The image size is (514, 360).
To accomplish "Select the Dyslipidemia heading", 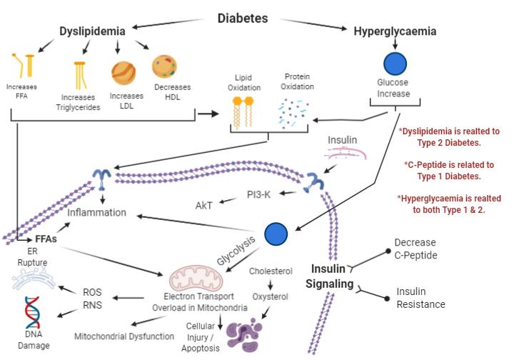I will tap(92, 31).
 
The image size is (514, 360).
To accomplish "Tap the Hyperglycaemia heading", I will tap(395, 31).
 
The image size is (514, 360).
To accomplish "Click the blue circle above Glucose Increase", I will tap(395, 65).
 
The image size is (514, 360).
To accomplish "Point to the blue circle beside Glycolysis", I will tap(276, 234).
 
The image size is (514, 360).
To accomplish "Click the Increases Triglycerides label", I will tap(81, 102).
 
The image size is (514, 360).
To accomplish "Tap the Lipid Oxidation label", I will tap(245, 82).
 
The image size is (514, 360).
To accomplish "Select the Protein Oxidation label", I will tap(298, 81).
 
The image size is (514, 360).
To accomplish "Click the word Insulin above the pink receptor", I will tap(342, 140).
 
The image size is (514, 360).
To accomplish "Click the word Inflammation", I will tap(97, 212).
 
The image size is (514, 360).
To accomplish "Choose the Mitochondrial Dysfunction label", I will tap(124, 336).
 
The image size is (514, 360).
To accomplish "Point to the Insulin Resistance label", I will tap(421, 299).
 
